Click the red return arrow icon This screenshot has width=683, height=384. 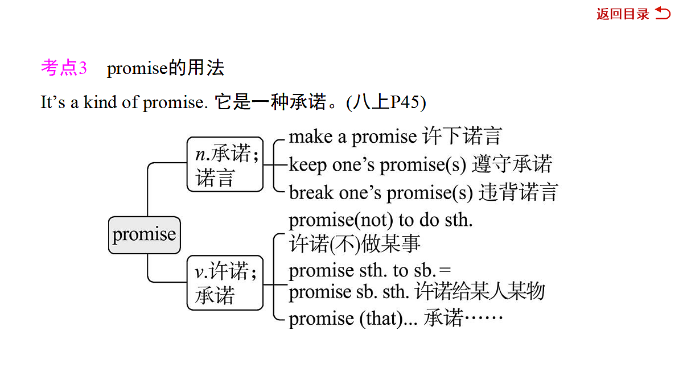click(663, 14)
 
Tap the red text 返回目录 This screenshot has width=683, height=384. click(623, 14)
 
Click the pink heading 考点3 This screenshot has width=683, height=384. click(64, 67)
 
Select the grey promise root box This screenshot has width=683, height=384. click(144, 235)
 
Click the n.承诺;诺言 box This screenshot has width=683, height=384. click(225, 164)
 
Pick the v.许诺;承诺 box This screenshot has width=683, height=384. click(225, 283)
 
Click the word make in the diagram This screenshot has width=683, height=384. click(311, 137)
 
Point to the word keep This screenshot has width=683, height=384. click(308, 165)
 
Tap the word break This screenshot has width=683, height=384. click(311, 193)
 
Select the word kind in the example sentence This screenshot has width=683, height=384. click(100, 102)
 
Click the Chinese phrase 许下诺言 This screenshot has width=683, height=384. click(463, 136)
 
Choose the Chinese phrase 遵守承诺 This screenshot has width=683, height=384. click(512, 164)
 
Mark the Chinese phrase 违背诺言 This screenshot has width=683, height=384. click(519, 192)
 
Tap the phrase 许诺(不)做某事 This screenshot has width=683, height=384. click(355, 244)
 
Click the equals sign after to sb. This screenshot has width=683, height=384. click(445, 270)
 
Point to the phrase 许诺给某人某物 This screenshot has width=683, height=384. click(480, 291)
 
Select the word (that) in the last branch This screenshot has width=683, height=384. click(381, 319)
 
